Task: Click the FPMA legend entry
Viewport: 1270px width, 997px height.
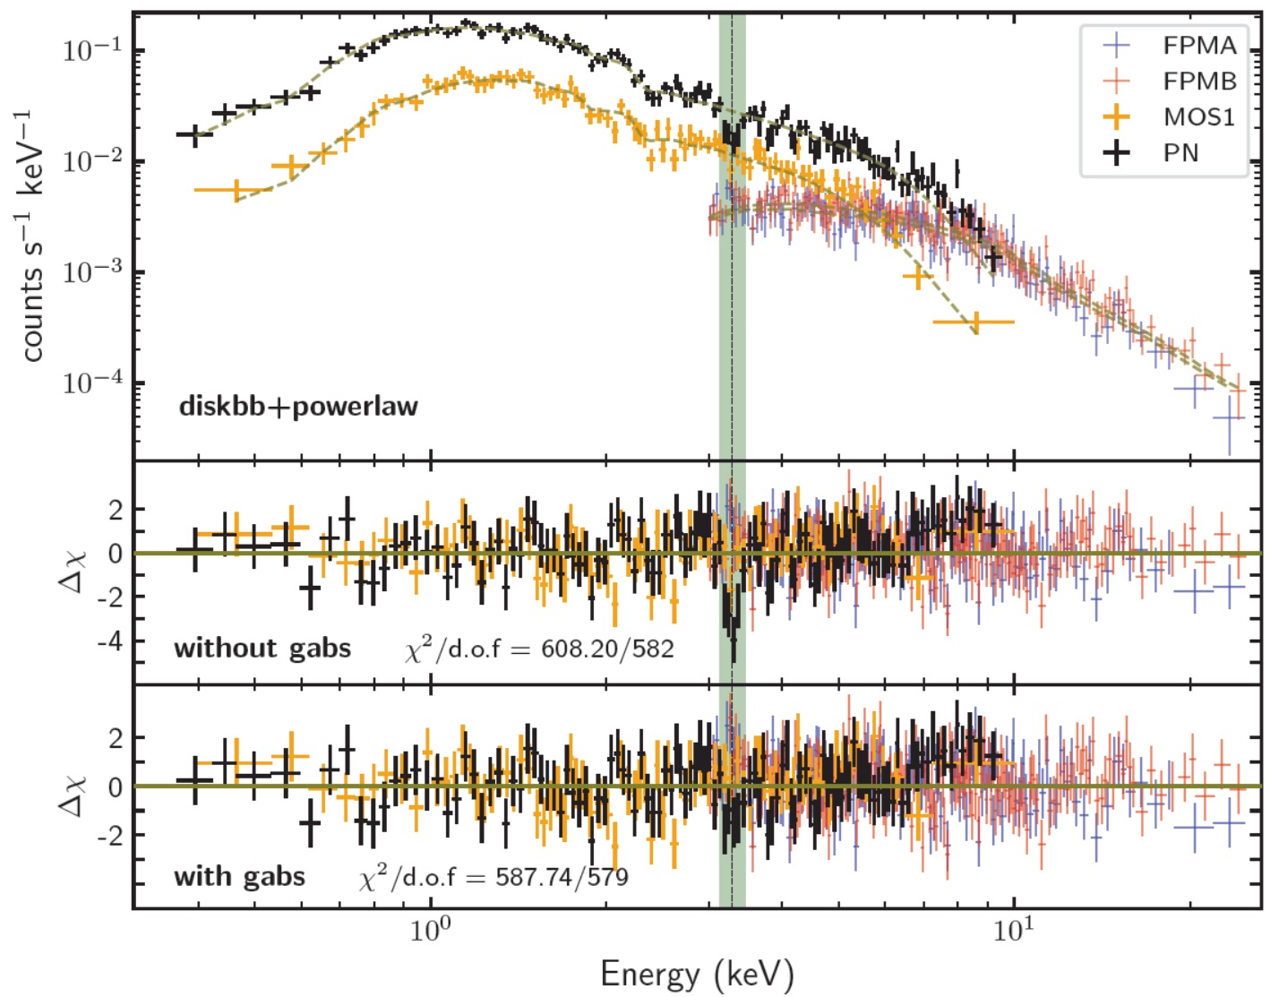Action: coord(1198,45)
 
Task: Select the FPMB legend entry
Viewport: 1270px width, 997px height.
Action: coord(1198,81)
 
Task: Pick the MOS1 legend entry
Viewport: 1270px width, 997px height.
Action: coord(1198,116)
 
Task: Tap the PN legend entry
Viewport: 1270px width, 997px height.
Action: coord(1180,152)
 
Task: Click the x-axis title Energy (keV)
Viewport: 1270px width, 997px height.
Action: coord(697,974)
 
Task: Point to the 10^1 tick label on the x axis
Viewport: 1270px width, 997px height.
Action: coord(1012,931)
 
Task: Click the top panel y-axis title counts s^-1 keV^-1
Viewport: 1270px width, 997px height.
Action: coord(34,236)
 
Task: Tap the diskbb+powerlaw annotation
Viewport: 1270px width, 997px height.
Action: coord(298,406)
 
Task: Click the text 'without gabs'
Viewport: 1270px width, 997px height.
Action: coord(262,648)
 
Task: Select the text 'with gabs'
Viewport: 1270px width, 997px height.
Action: coord(239,876)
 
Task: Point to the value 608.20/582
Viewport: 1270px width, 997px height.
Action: coord(607,648)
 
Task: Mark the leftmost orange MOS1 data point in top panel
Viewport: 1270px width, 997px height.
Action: coord(236,190)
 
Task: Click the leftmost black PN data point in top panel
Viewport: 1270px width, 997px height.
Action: coord(194,135)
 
